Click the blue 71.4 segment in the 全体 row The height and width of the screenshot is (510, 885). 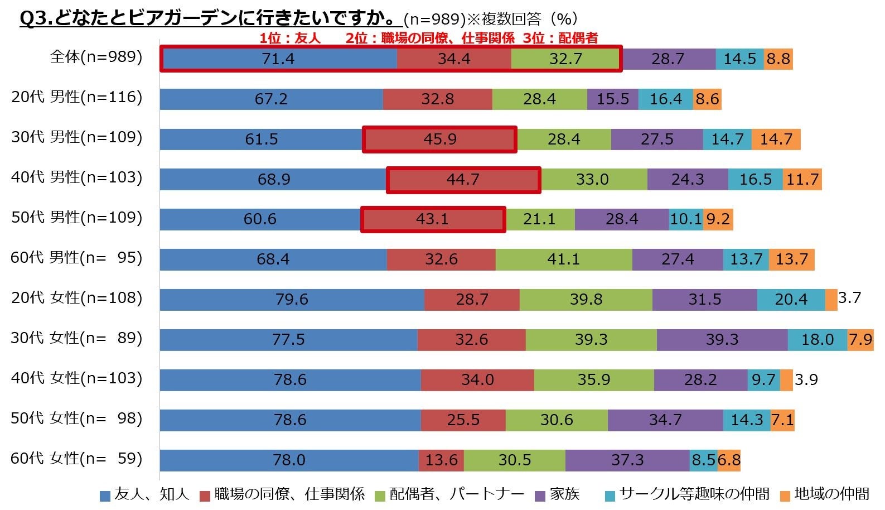(279, 59)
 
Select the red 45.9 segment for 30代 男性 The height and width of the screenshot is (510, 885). (439, 139)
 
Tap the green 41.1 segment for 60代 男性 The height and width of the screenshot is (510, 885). (564, 259)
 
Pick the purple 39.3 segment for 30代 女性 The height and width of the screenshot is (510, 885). (722, 339)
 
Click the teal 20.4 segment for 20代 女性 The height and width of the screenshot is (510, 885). (790, 300)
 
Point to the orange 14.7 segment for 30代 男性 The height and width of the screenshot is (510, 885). (776, 139)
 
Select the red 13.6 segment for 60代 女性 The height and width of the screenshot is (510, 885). (441, 460)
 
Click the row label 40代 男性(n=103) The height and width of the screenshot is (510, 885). (76, 177)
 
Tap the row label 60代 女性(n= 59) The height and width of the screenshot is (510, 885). (76, 459)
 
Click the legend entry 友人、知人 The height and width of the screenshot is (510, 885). (145, 494)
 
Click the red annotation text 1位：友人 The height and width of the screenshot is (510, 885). (290, 38)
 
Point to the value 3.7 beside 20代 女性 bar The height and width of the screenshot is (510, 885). (849, 298)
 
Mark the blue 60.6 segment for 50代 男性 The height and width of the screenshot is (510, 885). (260, 219)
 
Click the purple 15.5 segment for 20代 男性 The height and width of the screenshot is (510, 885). (612, 99)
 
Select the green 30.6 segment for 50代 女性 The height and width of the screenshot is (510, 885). (557, 420)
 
